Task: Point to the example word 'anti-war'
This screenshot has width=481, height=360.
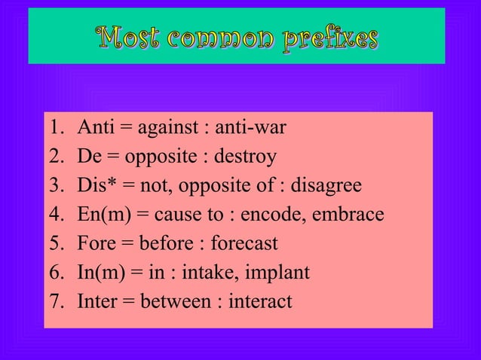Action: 250,128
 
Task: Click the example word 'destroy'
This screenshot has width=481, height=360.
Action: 245,157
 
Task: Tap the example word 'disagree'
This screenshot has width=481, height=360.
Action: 326,185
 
